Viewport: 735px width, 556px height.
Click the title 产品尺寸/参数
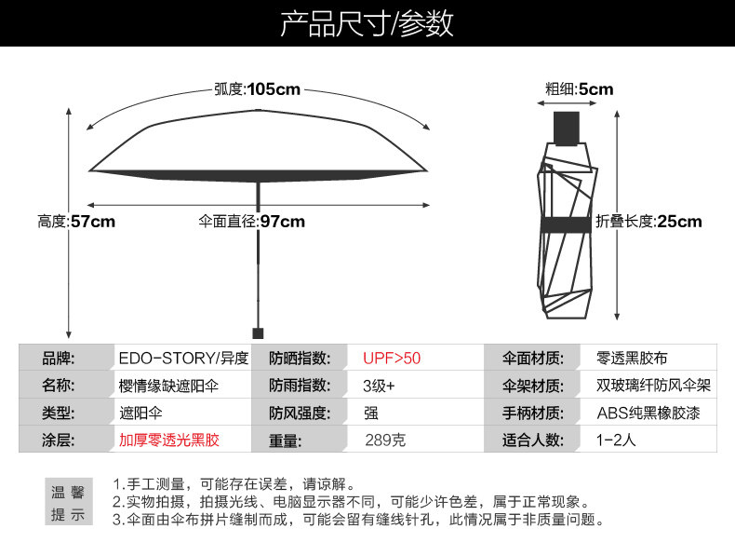click(367, 23)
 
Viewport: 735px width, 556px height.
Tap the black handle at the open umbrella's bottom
click(258, 332)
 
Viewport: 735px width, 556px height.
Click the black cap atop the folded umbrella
click(567, 128)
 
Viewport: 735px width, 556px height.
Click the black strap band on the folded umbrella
click(567, 224)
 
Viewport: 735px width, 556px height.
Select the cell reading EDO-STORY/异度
click(183, 358)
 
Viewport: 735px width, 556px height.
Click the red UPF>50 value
click(392, 358)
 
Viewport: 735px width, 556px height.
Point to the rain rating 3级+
click(379, 386)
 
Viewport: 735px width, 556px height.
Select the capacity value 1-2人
click(616, 441)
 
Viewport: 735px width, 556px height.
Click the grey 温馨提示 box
click(67, 503)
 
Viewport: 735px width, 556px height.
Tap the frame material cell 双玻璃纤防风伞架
click(654, 386)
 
